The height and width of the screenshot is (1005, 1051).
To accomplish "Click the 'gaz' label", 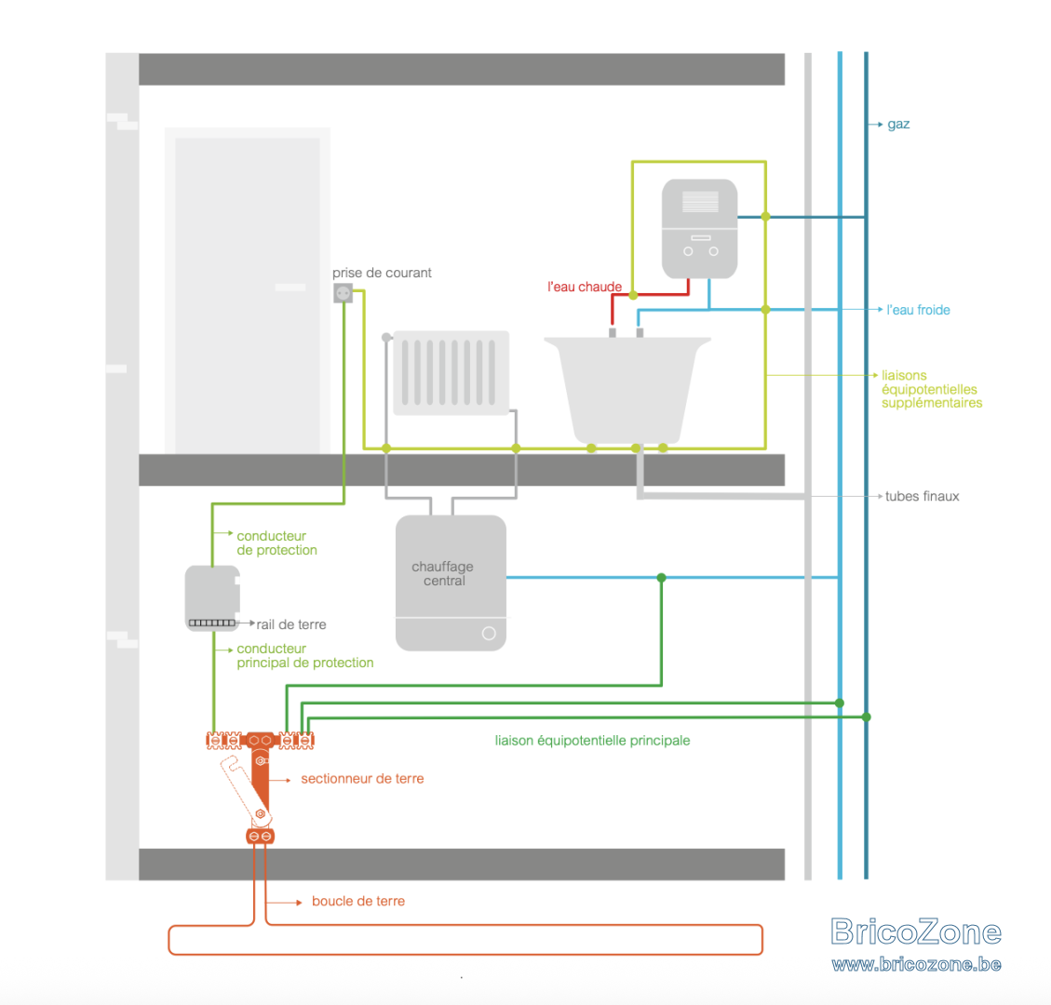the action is pyautogui.click(x=898, y=125).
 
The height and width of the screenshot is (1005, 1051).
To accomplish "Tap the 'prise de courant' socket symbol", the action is pyautogui.click(x=344, y=293).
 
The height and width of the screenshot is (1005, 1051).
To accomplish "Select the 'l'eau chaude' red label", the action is pyautogui.click(x=585, y=287).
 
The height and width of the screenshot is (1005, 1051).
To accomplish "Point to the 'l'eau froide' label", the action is pyautogui.click(x=918, y=310).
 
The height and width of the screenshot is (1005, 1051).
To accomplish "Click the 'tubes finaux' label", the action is pyautogui.click(x=922, y=497).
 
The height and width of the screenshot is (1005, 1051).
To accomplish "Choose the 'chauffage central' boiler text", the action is pyautogui.click(x=442, y=573).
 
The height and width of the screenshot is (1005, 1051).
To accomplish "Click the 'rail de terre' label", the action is pyautogui.click(x=290, y=624).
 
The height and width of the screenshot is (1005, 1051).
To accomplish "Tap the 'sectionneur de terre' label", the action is pyautogui.click(x=362, y=779).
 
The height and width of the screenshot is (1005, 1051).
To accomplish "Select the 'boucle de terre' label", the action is pyautogui.click(x=357, y=901).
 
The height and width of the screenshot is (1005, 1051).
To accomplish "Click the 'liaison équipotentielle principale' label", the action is pyautogui.click(x=593, y=741).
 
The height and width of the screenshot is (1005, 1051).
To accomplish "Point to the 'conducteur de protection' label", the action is pyautogui.click(x=276, y=543).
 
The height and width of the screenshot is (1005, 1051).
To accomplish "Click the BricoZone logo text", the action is pyautogui.click(x=916, y=931).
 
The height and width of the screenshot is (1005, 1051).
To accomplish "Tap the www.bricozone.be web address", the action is pyautogui.click(x=916, y=964).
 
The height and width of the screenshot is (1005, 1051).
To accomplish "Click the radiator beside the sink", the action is pyautogui.click(x=451, y=372).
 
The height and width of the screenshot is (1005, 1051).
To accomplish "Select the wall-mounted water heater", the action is pyautogui.click(x=700, y=229).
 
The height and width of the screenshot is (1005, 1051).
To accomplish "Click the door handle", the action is pyautogui.click(x=290, y=288).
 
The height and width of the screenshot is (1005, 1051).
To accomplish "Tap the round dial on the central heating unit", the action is pyautogui.click(x=489, y=633).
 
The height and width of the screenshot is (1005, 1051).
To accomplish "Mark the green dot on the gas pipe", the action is pyautogui.click(x=866, y=717).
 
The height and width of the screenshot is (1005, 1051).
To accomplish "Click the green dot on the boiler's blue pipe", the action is pyautogui.click(x=662, y=578).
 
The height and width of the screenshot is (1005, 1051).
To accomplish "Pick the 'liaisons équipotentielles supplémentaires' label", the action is pyautogui.click(x=932, y=389).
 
